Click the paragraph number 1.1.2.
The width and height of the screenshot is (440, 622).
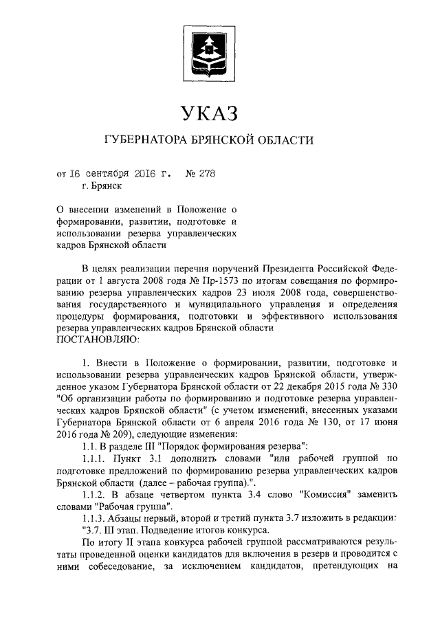94,496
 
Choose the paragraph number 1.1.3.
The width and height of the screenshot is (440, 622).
94,520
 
